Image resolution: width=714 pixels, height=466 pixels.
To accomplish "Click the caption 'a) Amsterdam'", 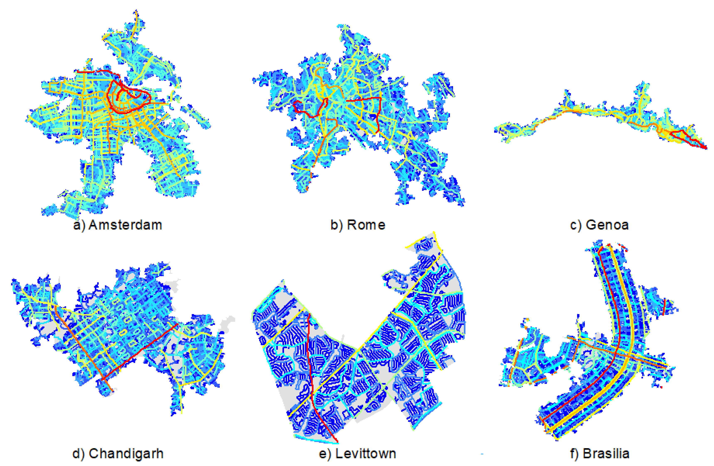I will pos(118,225).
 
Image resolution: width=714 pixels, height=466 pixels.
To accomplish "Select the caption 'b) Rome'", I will pos(358,225).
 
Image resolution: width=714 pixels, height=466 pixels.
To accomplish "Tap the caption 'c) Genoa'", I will pos(599,225).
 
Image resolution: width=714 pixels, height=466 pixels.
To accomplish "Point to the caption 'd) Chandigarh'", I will pos(118,454).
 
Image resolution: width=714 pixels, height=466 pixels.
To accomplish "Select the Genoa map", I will pos(600,120).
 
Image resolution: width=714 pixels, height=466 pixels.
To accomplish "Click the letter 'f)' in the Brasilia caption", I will pos(574,454).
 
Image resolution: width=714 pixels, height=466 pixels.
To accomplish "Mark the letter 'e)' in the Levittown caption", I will pos(324,454).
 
